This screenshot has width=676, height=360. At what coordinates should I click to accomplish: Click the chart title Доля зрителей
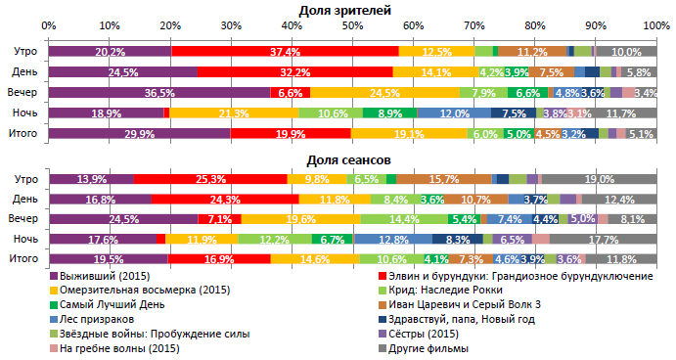coord(345,9)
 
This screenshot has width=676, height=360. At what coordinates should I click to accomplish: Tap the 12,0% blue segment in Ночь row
coord(453,113)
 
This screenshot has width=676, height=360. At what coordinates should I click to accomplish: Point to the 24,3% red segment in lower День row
coord(225,200)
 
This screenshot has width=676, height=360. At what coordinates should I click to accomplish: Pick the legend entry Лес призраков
coord(96,319)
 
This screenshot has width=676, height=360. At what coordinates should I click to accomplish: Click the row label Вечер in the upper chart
coord(24,93)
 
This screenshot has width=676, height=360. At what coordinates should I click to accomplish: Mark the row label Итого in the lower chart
coord(24,259)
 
